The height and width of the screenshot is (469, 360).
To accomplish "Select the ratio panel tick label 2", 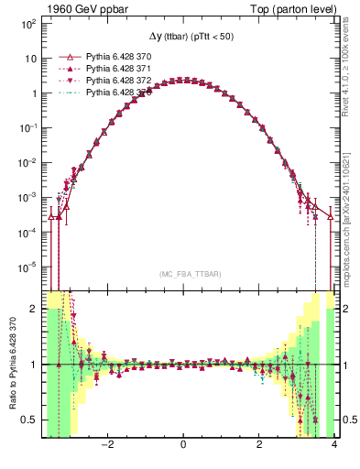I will point(35,309).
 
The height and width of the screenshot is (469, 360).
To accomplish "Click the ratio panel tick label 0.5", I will point(30,420).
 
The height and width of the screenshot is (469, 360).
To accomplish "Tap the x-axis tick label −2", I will point(107,446).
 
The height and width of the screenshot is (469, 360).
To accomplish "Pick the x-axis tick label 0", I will point(184,446).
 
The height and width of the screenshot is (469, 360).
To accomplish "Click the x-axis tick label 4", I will point(334,446).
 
